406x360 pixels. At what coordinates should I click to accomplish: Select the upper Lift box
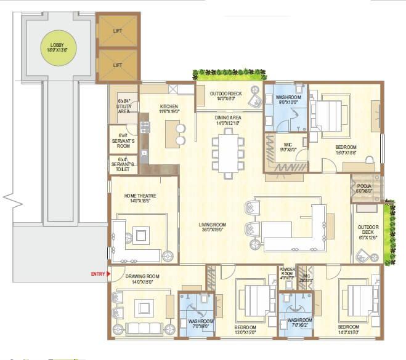click(x=118, y=29)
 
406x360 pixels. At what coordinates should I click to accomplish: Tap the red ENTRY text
click(x=98, y=273)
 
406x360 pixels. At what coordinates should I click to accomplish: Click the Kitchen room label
click(x=169, y=109)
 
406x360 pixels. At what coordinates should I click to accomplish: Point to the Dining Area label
click(x=227, y=120)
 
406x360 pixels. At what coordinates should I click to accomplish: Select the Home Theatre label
click(x=139, y=198)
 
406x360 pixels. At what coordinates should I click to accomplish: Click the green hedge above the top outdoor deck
click(x=229, y=75)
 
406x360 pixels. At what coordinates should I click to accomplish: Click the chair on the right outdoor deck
click(x=364, y=254)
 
